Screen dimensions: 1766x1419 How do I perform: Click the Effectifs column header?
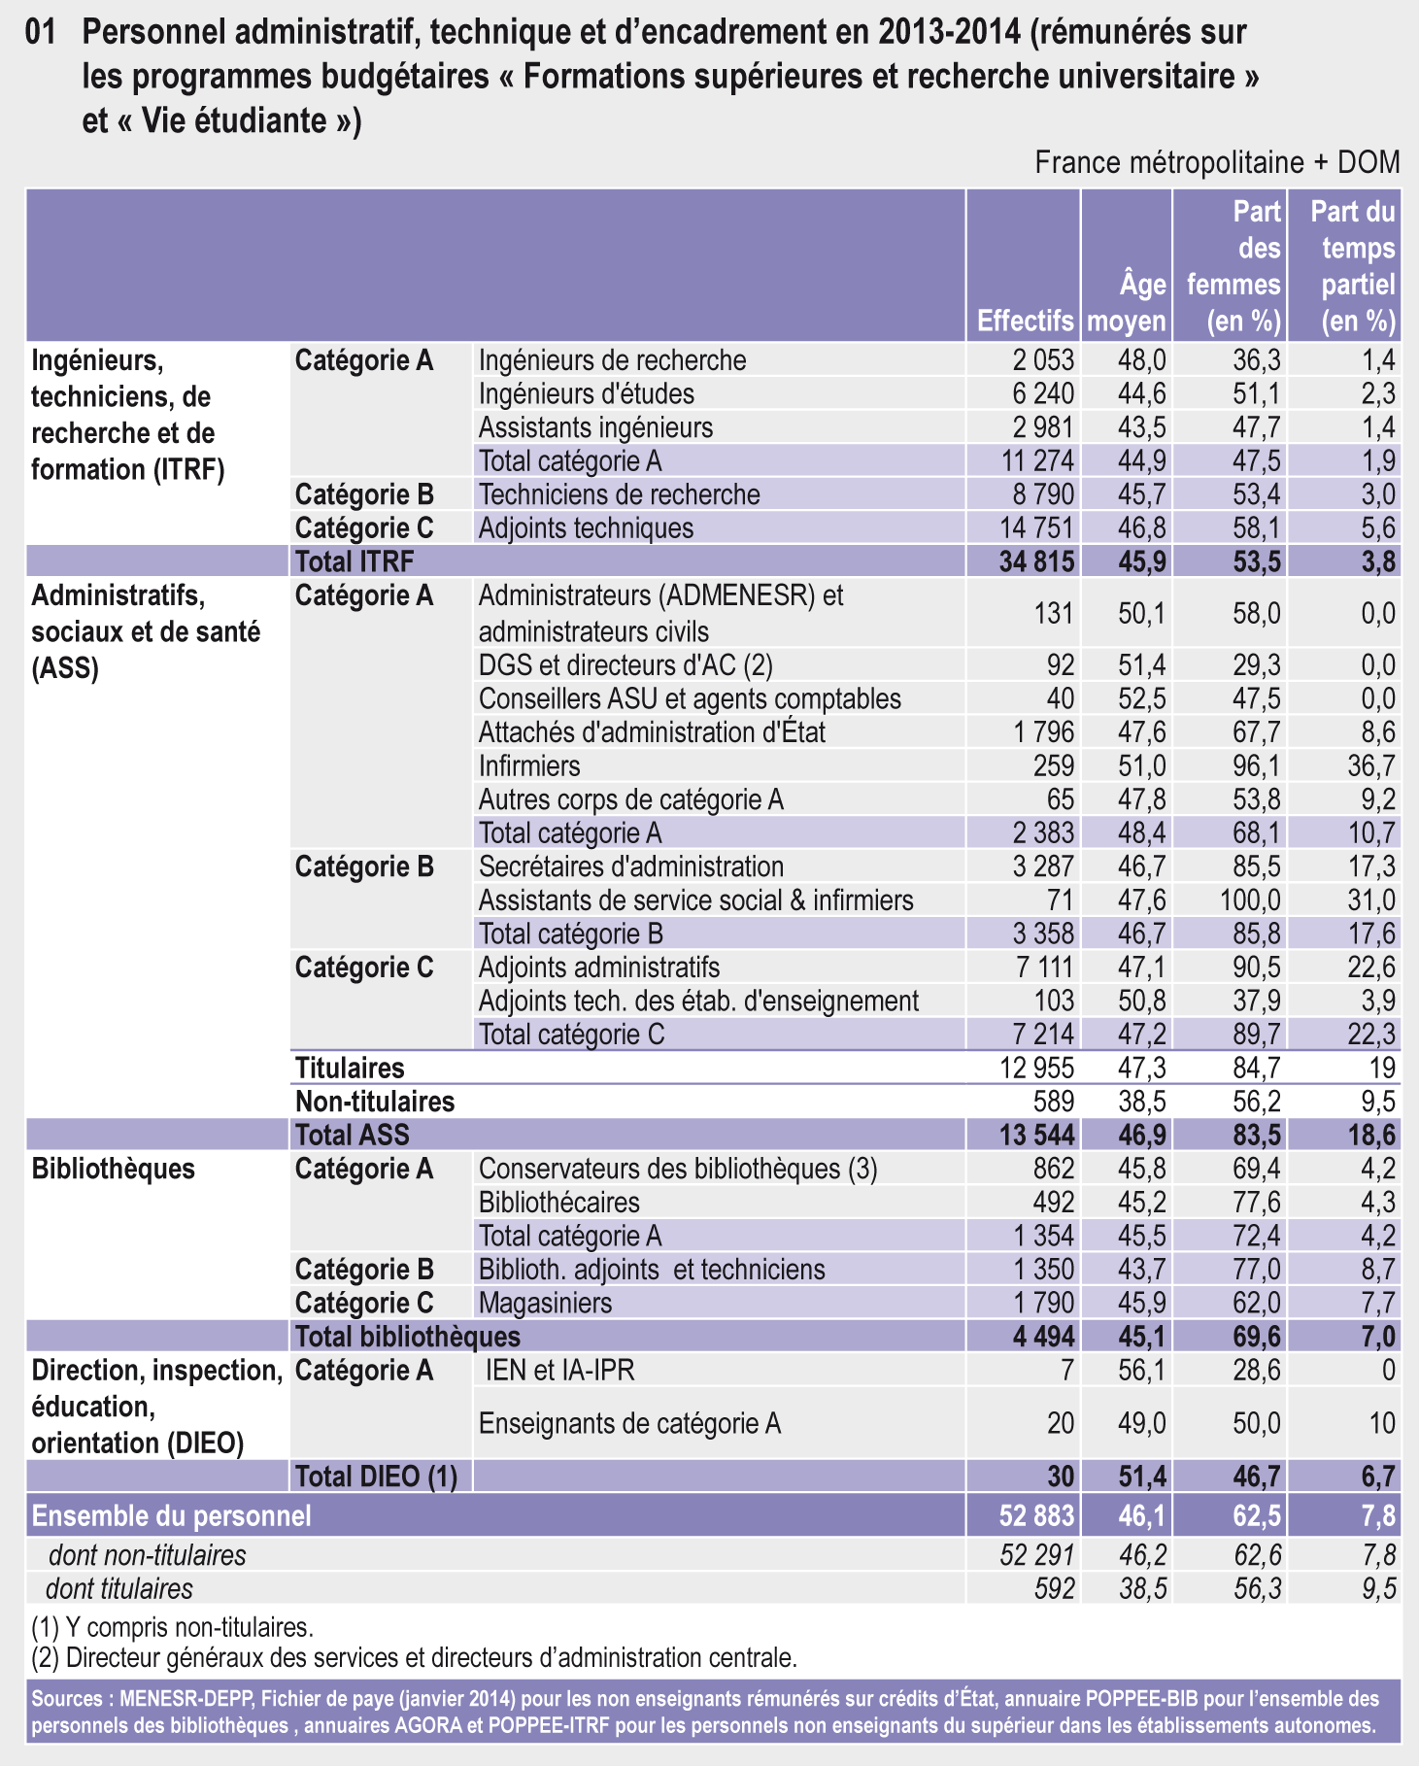point(1025,321)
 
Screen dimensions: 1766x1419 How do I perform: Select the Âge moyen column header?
point(1127,302)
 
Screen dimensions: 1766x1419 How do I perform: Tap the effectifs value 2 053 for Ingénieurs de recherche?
point(1043,360)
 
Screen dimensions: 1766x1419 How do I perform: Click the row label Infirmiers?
point(529,765)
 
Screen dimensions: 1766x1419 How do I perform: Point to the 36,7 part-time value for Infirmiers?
point(1370,765)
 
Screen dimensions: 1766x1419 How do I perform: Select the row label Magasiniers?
point(545,1303)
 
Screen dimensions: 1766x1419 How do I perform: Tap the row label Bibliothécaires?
point(558,1203)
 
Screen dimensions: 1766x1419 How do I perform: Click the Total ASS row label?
point(352,1135)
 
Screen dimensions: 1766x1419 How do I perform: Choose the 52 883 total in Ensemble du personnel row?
point(1036,1516)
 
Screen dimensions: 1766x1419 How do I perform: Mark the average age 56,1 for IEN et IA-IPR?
point(1142,1371)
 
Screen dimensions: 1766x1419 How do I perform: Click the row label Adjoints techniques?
point(586,528)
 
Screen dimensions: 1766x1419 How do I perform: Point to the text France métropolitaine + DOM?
point(1217,162)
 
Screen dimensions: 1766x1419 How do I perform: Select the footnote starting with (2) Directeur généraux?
point(414,1658)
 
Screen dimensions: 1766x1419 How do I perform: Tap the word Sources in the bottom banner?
point(69,1699)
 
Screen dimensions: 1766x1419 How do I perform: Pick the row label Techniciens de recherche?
point(619,494)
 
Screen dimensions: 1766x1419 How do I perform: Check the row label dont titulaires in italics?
point(119,1589)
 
